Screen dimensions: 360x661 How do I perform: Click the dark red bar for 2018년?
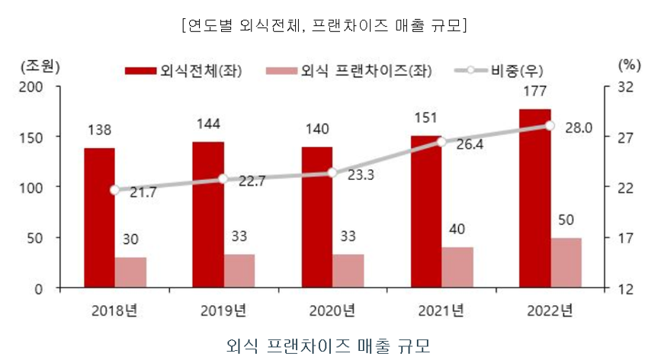[x=99, y=217]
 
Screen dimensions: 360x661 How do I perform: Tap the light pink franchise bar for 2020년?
[x=348, y=271]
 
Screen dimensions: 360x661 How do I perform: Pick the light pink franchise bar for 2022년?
[x=566, y=262]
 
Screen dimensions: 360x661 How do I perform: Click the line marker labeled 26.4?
[x=441, y=141]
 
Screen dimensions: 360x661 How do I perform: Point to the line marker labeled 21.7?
[x=115, y=190]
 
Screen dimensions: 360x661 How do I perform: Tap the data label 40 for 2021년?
[x=457, y=229]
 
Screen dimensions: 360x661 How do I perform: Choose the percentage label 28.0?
[x=578, y=128]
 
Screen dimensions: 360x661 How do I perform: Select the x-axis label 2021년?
[x=441, y=311]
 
